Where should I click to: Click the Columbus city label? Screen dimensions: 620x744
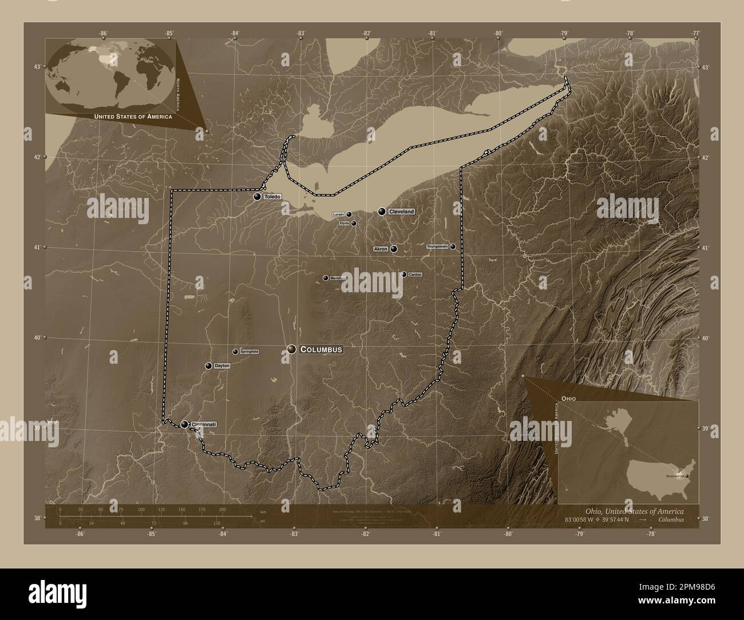tap(321, 349)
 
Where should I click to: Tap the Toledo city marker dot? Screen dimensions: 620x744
tap(258, 197)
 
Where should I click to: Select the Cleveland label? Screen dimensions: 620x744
tap(401, 212)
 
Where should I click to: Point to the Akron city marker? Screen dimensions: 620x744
tap(394, 249)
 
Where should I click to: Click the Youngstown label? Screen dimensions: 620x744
tap(438, 247)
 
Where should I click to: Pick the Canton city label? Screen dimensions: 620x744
tap(415, 275)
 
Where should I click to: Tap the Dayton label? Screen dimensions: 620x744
tap(222, 365)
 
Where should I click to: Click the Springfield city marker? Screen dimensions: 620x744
tap(235, 352)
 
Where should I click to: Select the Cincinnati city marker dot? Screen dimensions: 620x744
tap(184, 424)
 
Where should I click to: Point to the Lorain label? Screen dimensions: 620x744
tap(338, 214)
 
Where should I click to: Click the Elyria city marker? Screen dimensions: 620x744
tap(354, 224)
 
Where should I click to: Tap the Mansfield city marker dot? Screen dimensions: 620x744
tap(326, 278)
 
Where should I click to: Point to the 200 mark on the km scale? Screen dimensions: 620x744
tap(222, 509)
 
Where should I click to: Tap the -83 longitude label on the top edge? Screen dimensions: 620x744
tap(301, 34)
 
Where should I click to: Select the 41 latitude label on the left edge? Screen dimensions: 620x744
tap(36, 248)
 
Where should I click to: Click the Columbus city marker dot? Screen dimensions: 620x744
tap(292, 349)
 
